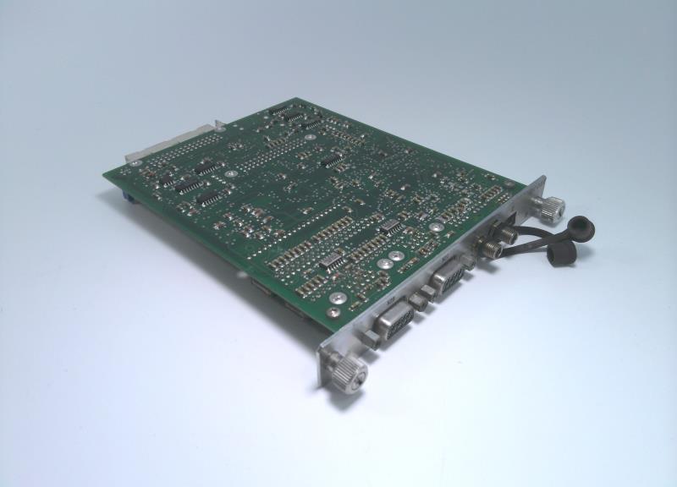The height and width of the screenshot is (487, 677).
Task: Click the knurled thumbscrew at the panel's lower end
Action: (x=349, y=369)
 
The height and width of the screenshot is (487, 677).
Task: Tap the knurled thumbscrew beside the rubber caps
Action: (x=554, y=205)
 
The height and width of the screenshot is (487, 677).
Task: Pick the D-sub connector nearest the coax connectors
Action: (x=449, y=276)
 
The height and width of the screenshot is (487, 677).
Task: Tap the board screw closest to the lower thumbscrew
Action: (x=338, y=297)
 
